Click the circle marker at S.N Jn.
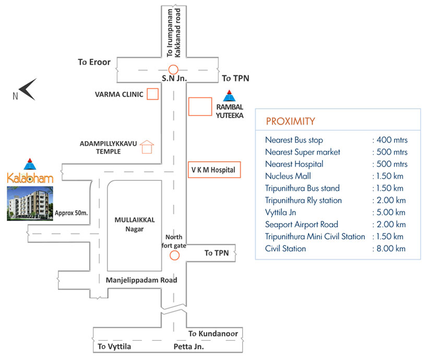tap(173, 69)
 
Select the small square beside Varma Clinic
tap(152, 94)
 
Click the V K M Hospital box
tap(214, 170)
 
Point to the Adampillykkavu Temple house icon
tap(148, 147)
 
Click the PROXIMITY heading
tap(290, 122)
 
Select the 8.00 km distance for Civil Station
tap(389, 249)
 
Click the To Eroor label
tap(94, 62)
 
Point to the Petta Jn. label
tap(188, 346)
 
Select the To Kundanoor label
tap(213, 333)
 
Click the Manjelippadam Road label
tap(141, 280)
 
